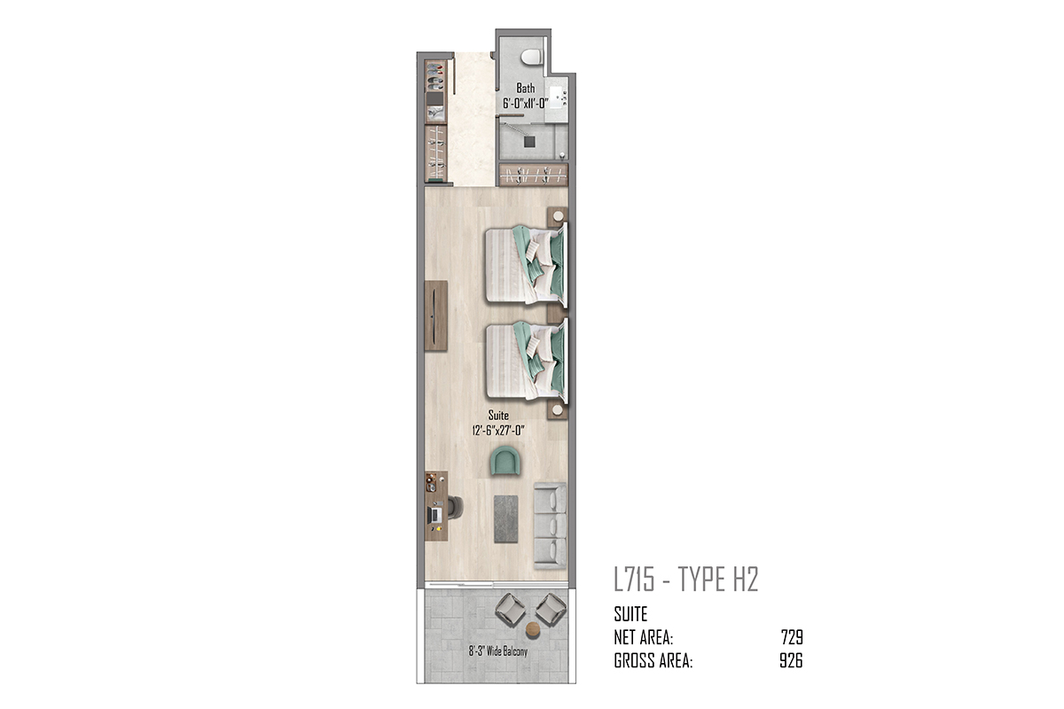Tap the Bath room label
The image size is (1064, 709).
[x=525, y=89]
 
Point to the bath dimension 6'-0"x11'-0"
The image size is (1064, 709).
[x=525, y=103]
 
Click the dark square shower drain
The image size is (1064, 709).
[x=529, y=142]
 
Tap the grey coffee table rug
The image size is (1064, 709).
[x=506, y=519]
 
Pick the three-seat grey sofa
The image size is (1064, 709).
[x=550, y=526]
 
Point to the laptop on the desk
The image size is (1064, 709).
[x=103, y=514]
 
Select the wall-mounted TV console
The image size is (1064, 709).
[x=104, y=316]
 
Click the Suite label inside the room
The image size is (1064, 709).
[x=498, y=416]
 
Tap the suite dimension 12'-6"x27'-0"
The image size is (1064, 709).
[x=498, y=431]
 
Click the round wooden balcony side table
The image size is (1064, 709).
[x=534, y=629]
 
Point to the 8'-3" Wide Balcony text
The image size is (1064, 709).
[x=497, y=651]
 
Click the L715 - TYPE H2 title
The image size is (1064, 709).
[x=686, y=580]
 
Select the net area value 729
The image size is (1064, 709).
[x=792, y=637]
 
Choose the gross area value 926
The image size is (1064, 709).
[x=791, y=660]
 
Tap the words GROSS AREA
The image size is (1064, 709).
[x=653, y=660]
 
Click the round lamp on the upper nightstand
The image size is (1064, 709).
[x=558, y=216]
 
